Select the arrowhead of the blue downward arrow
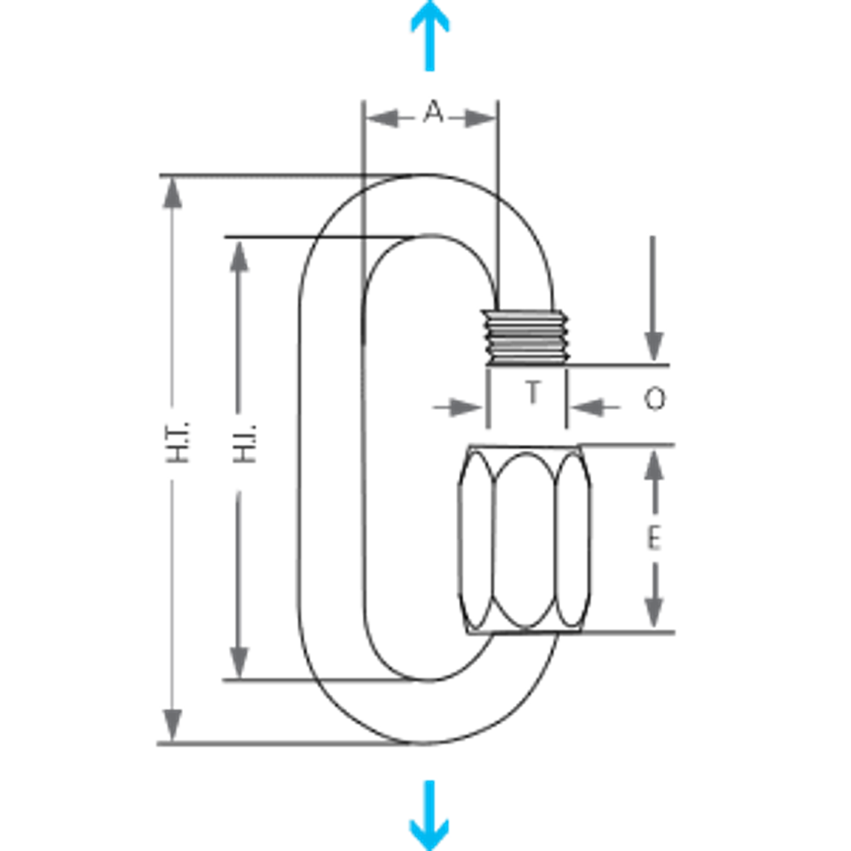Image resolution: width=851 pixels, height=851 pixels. [x=429, y=832]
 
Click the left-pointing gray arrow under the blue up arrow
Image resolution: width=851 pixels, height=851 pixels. [x=384, y=118]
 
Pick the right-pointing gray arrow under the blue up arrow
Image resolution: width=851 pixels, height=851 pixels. [x=477, y=118]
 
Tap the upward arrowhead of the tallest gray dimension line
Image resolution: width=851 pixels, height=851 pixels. [x=172, y=194]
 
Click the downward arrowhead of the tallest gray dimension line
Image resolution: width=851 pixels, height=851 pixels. [x=172, y=723]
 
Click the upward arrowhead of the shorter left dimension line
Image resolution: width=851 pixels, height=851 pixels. [x=239, y=258]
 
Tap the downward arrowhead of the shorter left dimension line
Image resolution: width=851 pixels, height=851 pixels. [x=239, y=661]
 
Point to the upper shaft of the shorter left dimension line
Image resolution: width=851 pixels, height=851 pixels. [x=239, y=343]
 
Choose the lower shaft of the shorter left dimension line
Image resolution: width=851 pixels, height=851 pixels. [x=239, y=567]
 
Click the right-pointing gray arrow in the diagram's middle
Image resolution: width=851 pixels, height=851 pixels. [x=457, y=408]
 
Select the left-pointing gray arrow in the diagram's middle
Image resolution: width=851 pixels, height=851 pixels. [x=596, y=408]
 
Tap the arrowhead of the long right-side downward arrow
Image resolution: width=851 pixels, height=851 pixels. [x=654, y=345]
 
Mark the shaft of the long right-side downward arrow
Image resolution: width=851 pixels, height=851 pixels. [x=653, y=284]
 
